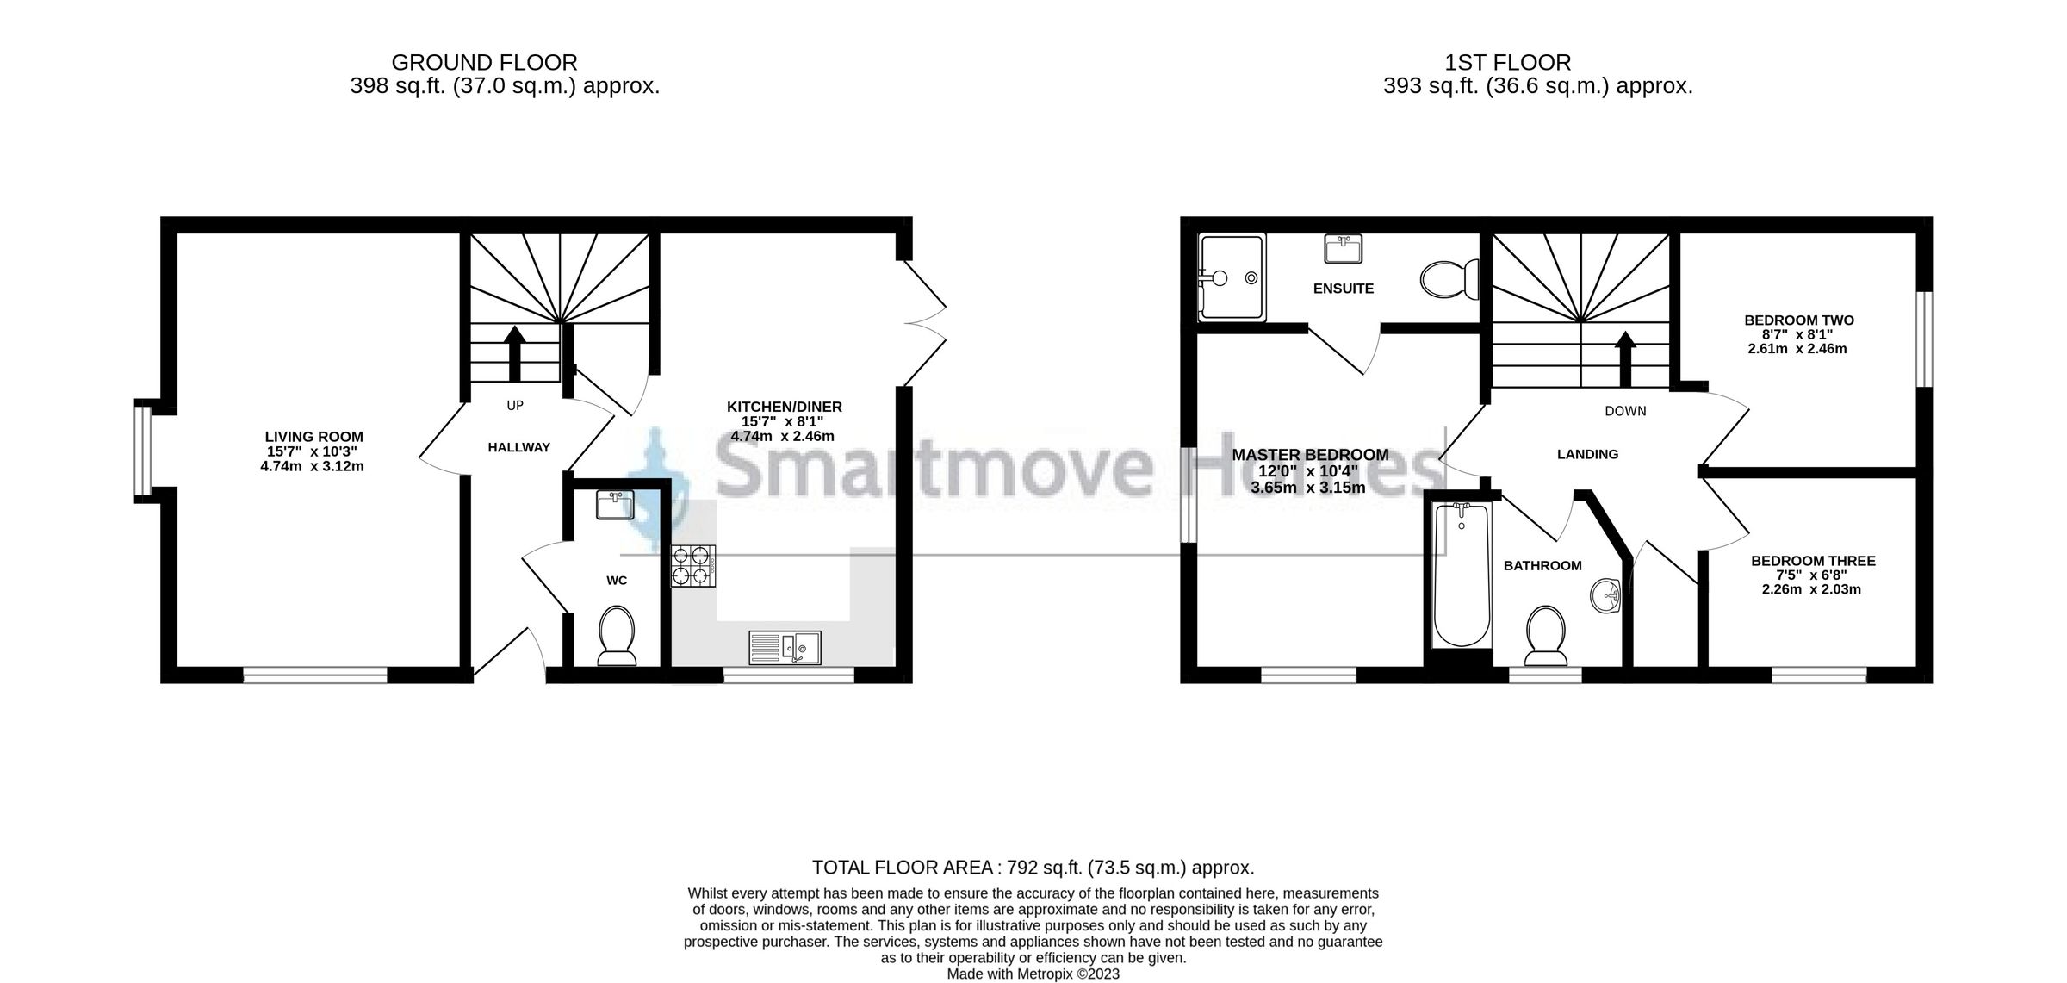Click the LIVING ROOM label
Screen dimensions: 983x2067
click(x=313, y=437)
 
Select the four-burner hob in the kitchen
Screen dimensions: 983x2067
click(x=694, y=566)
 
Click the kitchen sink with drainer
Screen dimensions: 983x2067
click(x=785, y=646)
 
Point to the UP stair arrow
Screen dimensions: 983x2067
click(x=515, y=353)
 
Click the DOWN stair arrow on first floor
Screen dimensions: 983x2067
click(x=1625, y=359)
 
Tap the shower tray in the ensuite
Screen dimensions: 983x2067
click(x=1232, y=277)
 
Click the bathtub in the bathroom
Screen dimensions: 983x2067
click(x=1462, y=575)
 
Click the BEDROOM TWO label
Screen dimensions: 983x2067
click(x=1798, y=320)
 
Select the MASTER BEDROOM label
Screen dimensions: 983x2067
click(x=1310, y=455)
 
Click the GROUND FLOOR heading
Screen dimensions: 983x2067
click(x=484, y=63)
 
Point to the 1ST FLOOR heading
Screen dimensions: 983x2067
click(x=1507, y=63)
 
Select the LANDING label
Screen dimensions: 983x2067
click(x=1587, y=454)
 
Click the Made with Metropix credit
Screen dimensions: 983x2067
click(x=1033, y=974)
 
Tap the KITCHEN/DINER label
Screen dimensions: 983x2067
click(x=784, y=407)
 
